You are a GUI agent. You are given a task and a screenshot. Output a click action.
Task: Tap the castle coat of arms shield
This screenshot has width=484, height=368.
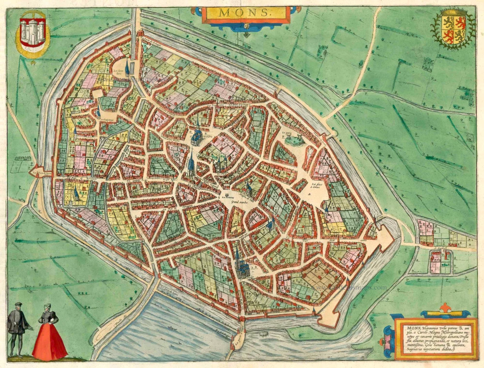pos(32,33)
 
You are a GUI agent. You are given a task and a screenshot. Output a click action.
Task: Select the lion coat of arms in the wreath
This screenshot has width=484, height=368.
pos(453,29)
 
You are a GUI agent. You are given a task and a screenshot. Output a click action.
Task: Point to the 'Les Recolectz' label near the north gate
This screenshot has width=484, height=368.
pos(119,73)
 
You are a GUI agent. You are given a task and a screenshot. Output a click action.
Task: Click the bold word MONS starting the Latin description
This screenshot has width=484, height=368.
pos(405,328)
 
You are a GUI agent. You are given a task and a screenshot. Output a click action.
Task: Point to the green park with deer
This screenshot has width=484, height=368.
pos(294,140)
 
